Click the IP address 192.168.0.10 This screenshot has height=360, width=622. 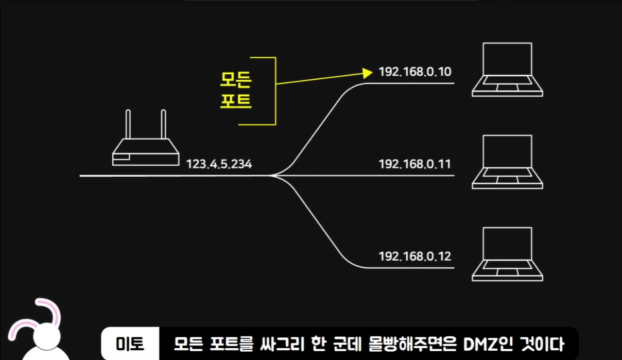(x=415, y=72)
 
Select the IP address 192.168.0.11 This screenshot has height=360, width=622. (x=415, y=164)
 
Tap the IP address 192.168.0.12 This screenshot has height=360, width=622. (x=415, y=256)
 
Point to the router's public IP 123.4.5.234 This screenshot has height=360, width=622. (x=219, y=164)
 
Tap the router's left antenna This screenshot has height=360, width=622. (x=128, y=124)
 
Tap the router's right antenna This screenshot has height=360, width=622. (x=164, y=124)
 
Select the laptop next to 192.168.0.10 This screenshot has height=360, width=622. (x=507, y=70)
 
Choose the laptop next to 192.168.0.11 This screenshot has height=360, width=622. (x=507, y=162)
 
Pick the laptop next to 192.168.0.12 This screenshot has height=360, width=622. (x=507, y=254)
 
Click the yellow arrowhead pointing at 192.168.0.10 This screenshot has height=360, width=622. (x=368, y=73)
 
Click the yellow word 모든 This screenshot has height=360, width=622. (x=236, y=80)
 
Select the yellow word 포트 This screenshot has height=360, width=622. (x=236, y=100)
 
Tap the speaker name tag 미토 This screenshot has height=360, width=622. (x=130, y=344)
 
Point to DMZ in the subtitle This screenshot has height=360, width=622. (x=479, y=344)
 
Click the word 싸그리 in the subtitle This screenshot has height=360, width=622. (x=282, y=344)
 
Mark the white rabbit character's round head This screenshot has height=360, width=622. (x=47, y=336)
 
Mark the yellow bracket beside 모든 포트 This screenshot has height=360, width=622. (x=275, y=91)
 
